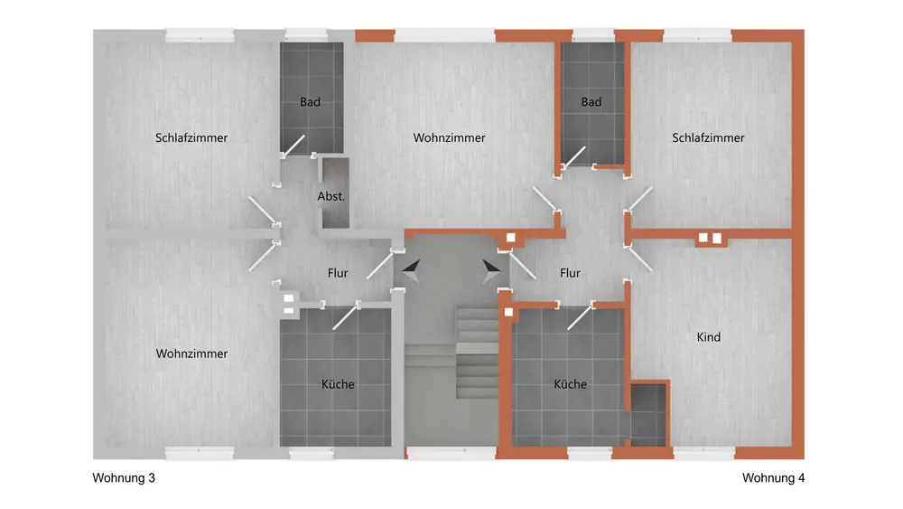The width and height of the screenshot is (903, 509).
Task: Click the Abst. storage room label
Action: pos(331,196)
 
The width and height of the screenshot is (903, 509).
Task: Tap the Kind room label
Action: pos(709,337)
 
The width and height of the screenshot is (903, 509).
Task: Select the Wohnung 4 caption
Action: pos(773,477)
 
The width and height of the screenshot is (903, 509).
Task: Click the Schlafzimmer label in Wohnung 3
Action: pos(191,138)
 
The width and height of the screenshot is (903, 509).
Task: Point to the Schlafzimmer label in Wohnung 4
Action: pos(708,138)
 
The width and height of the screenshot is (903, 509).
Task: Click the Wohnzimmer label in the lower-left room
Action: pos(191,353)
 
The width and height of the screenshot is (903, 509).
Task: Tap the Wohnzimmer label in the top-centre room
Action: pos(450,138)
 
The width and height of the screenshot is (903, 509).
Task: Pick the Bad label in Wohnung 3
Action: pos(310,102)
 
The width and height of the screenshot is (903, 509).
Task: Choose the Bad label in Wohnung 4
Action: pos(591,102)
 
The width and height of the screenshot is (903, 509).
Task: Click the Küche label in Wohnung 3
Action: pos(338,384)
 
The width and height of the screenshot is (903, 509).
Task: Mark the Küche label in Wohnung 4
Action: pos(570,384)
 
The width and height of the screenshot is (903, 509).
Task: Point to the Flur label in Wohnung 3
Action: pos(337,273)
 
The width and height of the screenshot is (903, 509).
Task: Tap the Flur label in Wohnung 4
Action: pos(570,273)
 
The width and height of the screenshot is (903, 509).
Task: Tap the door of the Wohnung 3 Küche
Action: pos(345,317)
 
